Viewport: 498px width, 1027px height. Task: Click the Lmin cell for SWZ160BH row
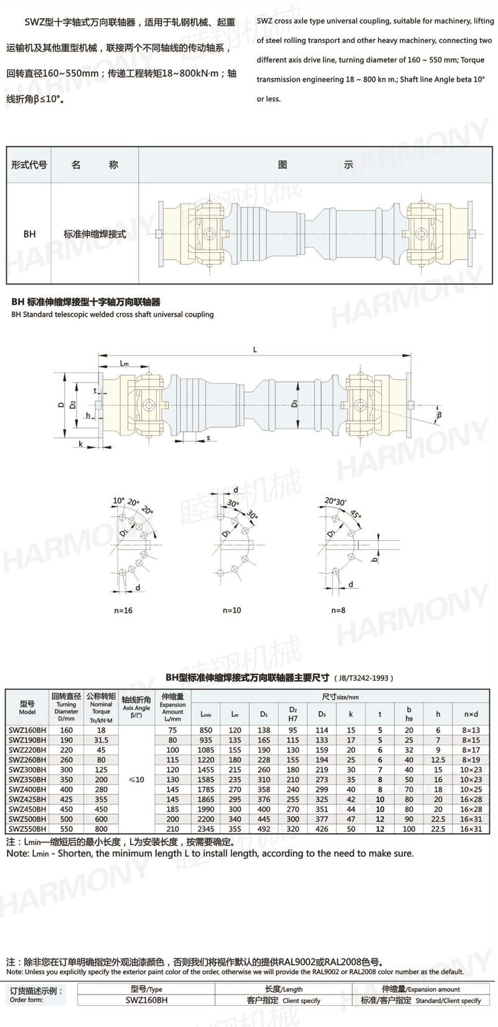(x=205, y=730)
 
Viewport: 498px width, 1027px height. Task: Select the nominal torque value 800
(x=101, y=829)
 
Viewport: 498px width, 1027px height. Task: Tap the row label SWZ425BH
(x=27, y=799)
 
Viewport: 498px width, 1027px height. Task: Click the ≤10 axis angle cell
(x=136, y=779)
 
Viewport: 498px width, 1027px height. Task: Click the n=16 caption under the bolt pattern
(x=123, y=610)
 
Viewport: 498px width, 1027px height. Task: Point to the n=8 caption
(x=338, y=610)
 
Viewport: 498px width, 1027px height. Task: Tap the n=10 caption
(x=232, y=610)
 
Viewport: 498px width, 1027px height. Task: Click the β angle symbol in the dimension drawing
(x=439, y=414)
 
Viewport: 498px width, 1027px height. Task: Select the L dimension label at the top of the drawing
(x=255, y=350)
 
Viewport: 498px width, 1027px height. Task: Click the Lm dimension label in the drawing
(x=125, y=363)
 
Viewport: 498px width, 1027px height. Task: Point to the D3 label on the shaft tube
(x=294, y=404)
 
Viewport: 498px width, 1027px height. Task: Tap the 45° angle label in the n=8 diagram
(x=355, y=514)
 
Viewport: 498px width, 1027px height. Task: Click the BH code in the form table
(x=29, y=234)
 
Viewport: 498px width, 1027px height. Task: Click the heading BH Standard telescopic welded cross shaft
(x=112, y=315)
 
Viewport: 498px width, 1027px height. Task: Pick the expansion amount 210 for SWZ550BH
(x=172, y=829)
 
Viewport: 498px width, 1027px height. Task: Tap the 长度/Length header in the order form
(x=283, y=989)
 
